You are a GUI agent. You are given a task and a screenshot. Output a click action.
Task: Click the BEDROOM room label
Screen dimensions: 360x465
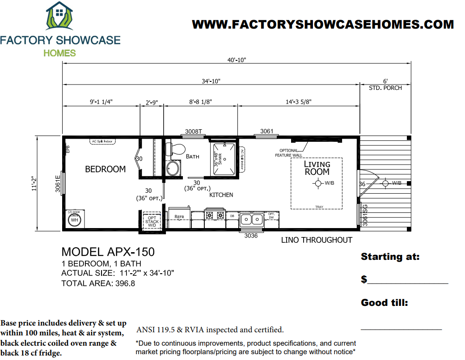105,169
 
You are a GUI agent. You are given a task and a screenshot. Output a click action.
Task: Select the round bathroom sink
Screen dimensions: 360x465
172,168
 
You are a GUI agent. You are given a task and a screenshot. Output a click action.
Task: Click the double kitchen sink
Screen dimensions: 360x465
251,219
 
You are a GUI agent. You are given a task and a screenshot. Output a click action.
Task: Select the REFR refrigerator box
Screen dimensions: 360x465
179,217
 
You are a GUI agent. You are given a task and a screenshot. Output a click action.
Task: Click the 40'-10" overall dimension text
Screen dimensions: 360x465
237,60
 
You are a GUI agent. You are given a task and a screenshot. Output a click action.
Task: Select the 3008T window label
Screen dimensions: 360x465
194,131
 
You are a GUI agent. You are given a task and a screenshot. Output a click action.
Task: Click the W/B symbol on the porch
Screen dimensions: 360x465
385,183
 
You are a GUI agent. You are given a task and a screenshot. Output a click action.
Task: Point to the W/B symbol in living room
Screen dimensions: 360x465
318,183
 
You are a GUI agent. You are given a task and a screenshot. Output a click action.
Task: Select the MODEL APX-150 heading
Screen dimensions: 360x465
108,252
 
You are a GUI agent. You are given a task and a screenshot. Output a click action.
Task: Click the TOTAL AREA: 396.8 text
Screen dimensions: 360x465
98,283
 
